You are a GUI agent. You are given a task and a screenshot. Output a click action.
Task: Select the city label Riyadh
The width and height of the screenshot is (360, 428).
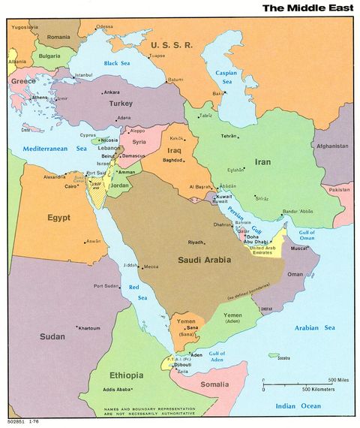pos(196,243)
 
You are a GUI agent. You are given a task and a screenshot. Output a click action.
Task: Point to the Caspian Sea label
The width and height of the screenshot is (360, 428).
pos(226,78)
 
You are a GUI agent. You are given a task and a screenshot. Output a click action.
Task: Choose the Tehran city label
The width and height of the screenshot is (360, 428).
pos(229,136)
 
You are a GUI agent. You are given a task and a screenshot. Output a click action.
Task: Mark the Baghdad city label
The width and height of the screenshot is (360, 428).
pos(173,160)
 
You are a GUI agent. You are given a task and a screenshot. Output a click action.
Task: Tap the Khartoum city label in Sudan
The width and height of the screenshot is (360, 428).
pos(89,328)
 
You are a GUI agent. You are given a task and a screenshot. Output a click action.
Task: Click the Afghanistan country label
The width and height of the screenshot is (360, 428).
pos(332,146)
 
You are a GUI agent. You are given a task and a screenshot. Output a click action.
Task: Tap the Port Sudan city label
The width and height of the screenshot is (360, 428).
pos(106,286)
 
